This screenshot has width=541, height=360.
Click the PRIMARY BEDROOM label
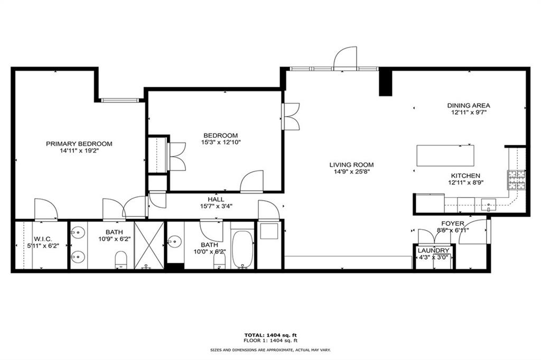point(79,144)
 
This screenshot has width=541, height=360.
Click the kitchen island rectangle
point(445,155)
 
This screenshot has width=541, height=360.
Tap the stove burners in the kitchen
point(516,180)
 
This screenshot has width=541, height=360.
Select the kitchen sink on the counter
point(489,203)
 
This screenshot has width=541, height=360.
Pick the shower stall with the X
point(149,245)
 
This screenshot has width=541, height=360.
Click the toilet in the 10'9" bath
point(121,260)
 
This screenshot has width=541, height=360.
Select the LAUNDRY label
point(433,250)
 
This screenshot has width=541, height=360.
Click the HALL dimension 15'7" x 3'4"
point(216,206)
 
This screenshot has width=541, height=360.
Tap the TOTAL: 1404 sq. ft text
point(270,335)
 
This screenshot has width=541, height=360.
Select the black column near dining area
point(385,82)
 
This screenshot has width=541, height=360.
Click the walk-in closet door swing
point(45,209)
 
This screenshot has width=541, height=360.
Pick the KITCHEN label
point(465,176)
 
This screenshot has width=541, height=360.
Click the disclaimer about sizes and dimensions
point(270,350)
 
